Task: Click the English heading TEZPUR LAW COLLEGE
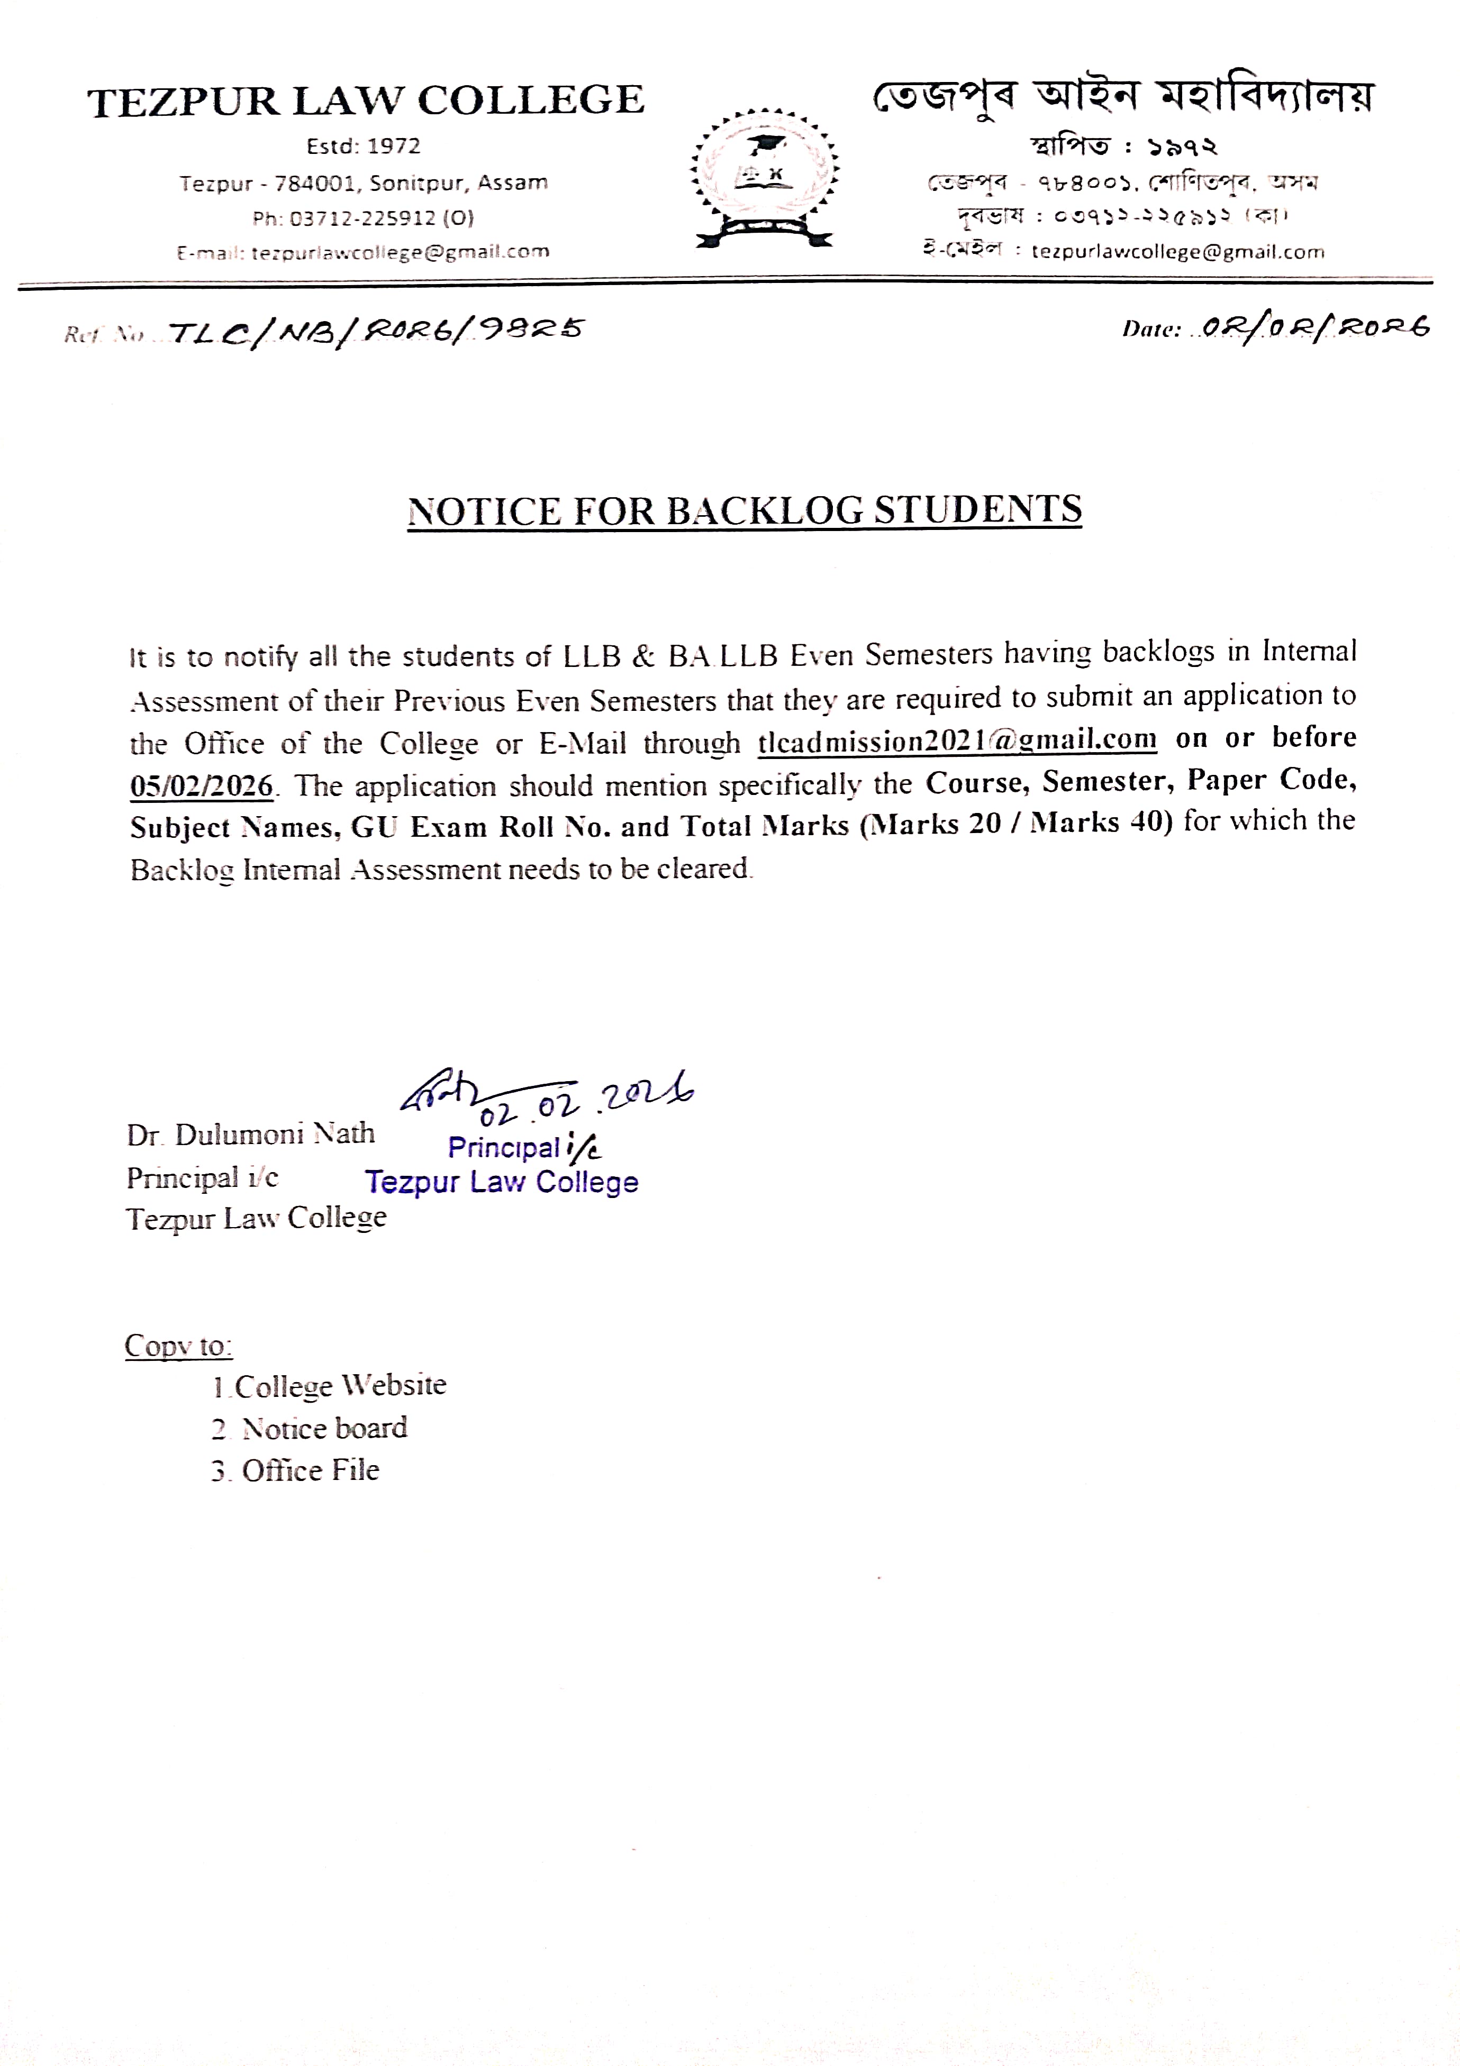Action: (366, 101)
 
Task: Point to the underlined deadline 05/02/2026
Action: (201, 785)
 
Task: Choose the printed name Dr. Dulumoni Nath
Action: (250, 1134)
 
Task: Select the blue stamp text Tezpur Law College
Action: (501, 1182)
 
